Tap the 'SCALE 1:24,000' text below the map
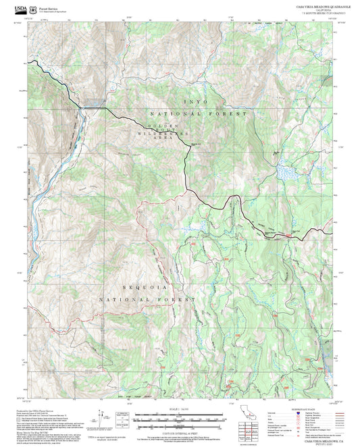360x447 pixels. coord(179,409)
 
